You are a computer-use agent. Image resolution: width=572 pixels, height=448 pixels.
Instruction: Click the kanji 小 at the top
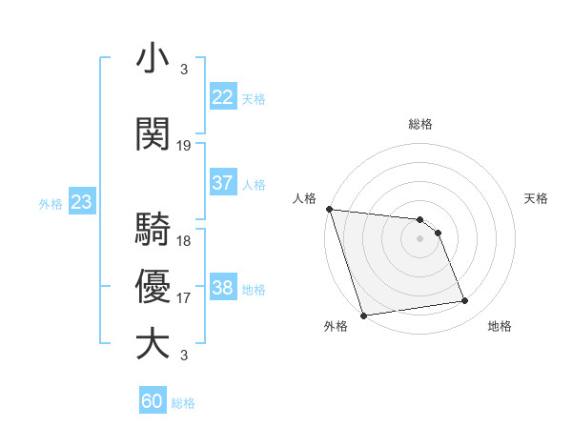tap(153, 58)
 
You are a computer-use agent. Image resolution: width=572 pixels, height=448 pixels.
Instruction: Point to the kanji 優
tap(153, 286)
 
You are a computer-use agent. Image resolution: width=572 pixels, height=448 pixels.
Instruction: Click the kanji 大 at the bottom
tap(153, 343)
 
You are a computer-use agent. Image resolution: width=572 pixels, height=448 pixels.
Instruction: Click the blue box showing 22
tap(223, 97)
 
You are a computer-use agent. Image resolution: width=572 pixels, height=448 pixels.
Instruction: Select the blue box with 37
tap(223, 183)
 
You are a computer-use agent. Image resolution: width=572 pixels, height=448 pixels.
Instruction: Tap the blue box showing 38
tap(223, 288)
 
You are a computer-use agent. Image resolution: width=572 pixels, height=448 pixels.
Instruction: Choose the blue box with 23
tap(81, 202)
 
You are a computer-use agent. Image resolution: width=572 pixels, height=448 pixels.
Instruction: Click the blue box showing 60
tap(153, 401)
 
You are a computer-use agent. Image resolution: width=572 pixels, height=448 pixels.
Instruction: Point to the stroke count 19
tap(184, 146)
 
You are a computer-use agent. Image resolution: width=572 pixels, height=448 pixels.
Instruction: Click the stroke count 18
tap(184, 241)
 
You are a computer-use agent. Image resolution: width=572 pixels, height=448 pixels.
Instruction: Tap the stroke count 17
tap(184, 298)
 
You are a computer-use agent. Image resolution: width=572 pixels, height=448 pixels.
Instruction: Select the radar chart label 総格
tap(419, 124)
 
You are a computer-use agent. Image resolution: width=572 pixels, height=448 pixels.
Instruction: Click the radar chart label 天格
tap(536, 198)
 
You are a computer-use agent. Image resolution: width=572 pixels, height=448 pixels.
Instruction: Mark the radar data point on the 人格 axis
tap(329, 209)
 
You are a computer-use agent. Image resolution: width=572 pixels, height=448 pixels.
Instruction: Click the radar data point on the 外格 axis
tap(363, 315)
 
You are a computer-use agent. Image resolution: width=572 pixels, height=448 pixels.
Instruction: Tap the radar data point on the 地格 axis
tap(465, 301)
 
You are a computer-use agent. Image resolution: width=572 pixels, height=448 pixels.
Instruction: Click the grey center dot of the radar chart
tap(419, 238)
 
